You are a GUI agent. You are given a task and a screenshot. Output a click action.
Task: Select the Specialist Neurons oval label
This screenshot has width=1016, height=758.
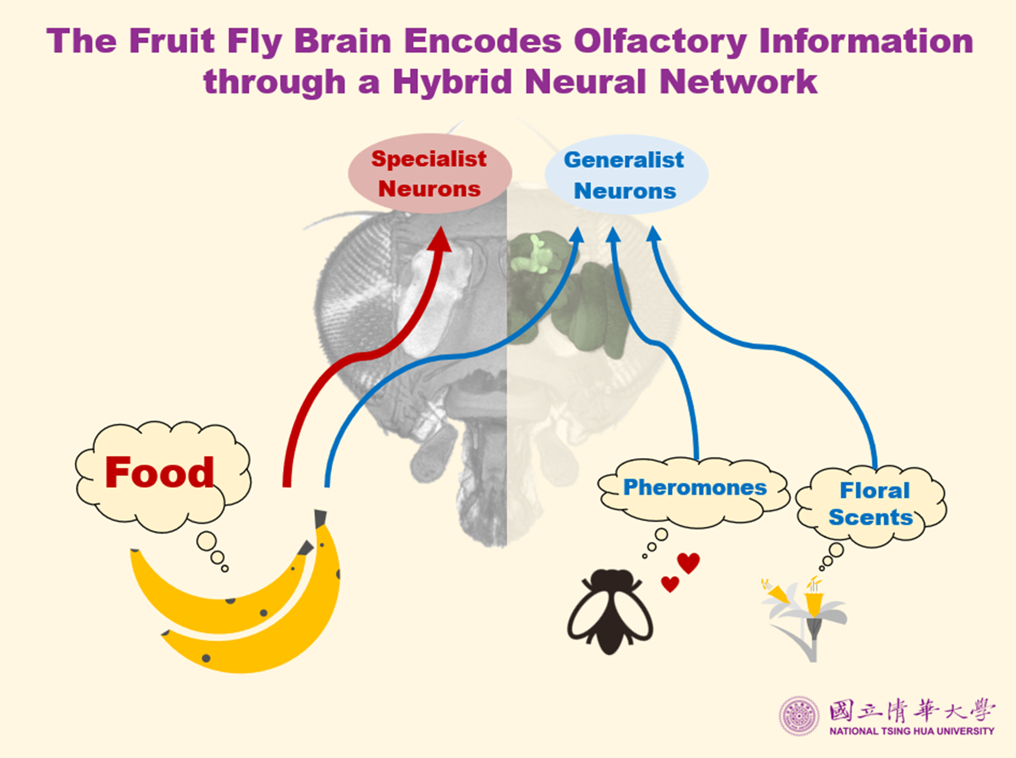click(429, 173)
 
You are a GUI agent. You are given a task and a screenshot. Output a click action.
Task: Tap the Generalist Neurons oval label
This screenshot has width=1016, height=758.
click(625, 175)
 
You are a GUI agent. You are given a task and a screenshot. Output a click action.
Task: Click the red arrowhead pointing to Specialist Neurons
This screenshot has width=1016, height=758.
click(440, 240)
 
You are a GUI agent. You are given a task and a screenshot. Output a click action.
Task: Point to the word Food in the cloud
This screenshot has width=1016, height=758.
click(160, 473)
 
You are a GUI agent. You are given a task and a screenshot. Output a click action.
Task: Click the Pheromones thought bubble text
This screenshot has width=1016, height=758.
click(695, 488)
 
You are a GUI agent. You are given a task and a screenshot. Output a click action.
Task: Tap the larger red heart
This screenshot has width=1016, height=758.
click(689, 562)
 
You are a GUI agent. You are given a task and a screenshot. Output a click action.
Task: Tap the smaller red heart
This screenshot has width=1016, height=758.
click(670, 584)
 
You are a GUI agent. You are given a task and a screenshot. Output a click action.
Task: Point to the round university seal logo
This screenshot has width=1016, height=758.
click(799, 716)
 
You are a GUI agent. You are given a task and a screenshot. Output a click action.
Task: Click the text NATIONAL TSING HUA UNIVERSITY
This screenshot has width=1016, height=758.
click(911, 732)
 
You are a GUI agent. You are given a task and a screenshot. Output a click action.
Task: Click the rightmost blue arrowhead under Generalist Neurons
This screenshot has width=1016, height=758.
click(654, 234)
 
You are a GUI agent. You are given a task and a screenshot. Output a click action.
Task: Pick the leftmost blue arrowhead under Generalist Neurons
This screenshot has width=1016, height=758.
click(577, 235)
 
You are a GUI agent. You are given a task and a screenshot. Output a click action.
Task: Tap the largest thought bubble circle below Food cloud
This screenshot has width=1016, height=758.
click(206, 541)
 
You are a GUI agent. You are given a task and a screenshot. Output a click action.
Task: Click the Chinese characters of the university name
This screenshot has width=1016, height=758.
click(911, 710)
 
